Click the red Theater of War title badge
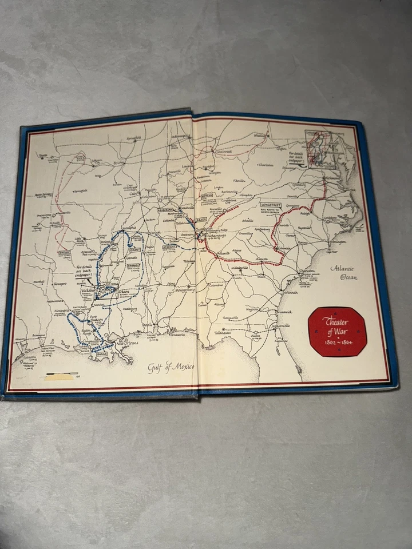[336, 331]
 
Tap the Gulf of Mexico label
[171, 367]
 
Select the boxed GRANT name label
[135, 250]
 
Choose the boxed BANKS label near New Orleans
[102, 355]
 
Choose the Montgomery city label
[184, 289]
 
